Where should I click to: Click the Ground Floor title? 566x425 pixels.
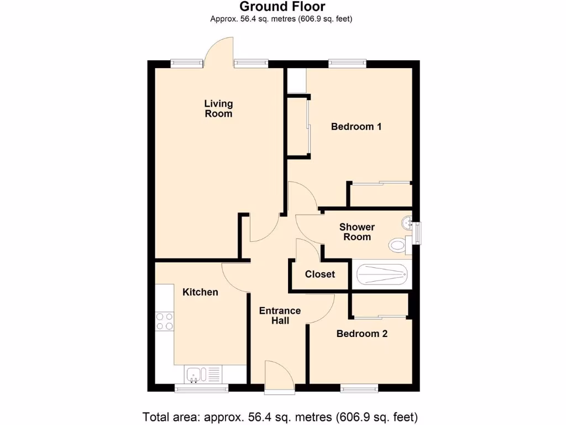point(282,7)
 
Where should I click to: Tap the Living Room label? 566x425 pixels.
point(218,108)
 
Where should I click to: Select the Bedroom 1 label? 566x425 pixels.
point(356,127)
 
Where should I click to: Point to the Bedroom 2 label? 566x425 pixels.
point(361,334)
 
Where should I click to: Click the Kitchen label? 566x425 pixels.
point(200,292)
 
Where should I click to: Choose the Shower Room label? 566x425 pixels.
point(357,232)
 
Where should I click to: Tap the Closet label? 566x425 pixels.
point(320,274)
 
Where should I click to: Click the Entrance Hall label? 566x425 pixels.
point(280,315)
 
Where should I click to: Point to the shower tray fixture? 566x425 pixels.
point(382,274)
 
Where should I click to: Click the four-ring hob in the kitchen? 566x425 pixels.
point(164,322)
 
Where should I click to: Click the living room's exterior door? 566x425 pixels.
point(219,53)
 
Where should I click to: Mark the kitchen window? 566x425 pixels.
point(201,389)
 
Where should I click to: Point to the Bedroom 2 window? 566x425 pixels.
point(359,388)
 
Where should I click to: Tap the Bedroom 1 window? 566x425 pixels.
point(347,63)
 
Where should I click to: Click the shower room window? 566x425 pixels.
point(417,232)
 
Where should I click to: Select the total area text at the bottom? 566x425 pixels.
point(280,416)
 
